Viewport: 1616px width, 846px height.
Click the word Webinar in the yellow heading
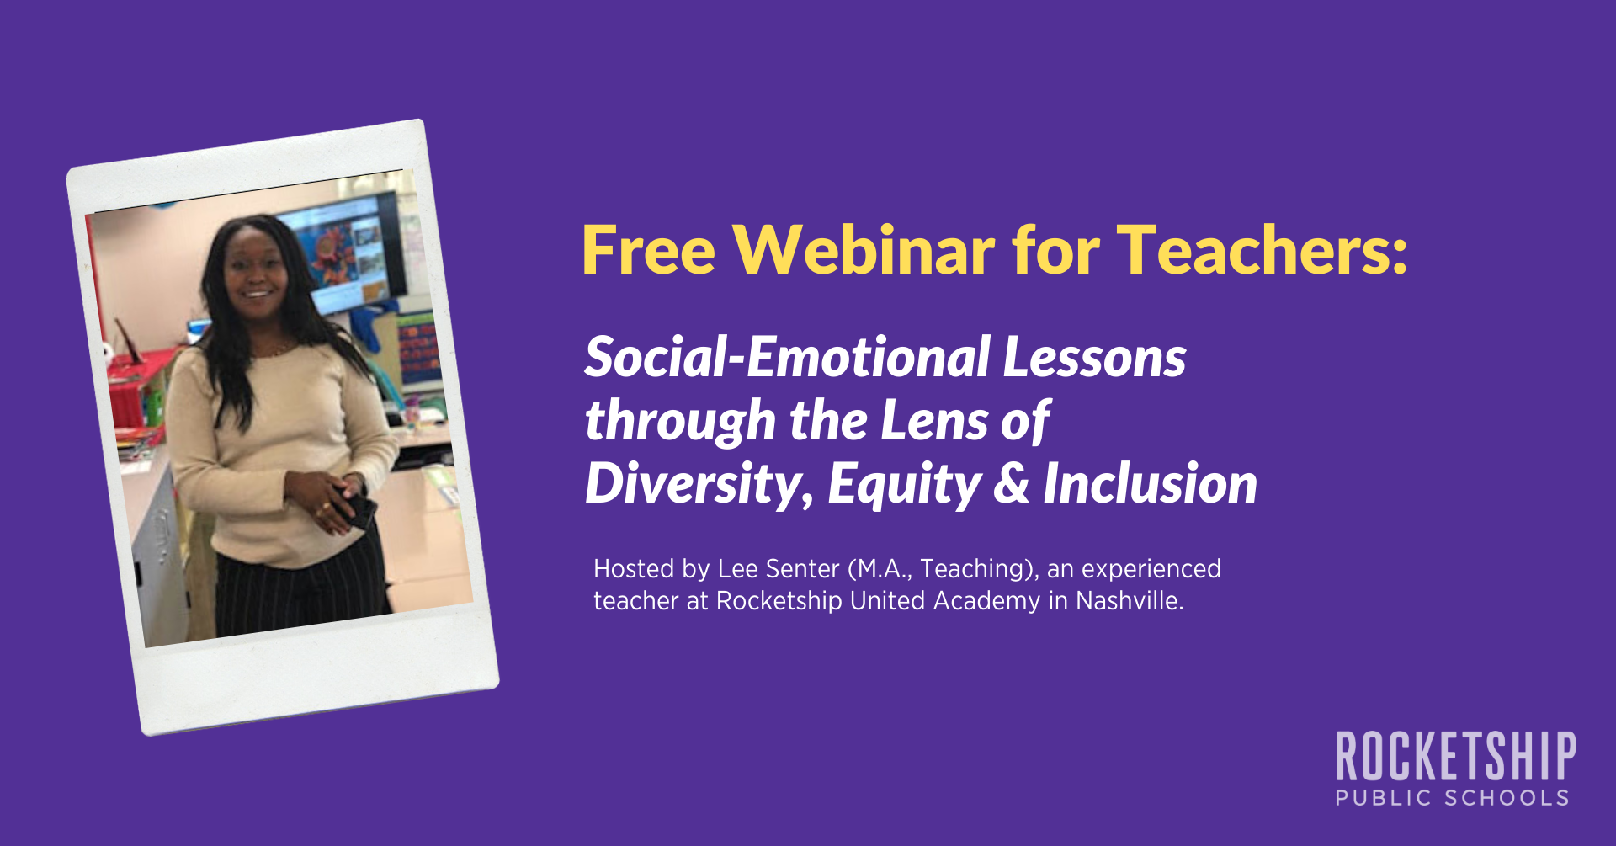(864, 250)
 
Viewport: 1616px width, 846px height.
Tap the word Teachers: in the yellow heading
(1262, 250)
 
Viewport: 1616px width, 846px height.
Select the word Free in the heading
(648, 250)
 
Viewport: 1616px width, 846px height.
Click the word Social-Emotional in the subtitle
(787, 357)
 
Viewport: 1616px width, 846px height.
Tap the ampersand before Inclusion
(1012, 483)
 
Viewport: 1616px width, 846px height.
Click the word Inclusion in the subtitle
(1150, 483)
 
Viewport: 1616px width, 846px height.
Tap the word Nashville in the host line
(1128, 601)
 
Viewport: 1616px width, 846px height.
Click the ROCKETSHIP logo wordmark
(1456, 756)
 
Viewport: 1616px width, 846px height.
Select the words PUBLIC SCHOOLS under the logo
(1453, 798)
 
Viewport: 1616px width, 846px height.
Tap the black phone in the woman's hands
(359, 508)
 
